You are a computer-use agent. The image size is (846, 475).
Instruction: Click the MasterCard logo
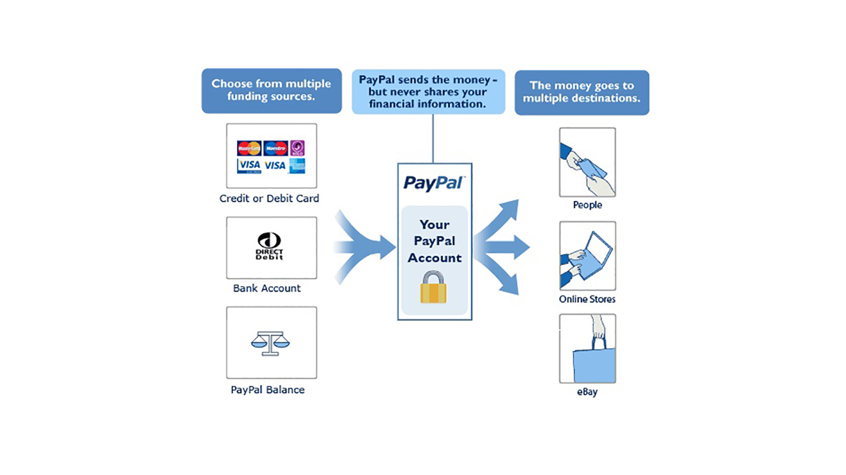pyautogui.click(x=249, y=148)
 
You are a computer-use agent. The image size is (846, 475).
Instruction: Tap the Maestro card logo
pyautogui.click(x=276, y=148)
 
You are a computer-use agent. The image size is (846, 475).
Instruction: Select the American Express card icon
pyautogui.click(x=297, y=165)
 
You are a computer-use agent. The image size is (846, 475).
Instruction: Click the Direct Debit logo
pyautogui.click(x=269, y=247)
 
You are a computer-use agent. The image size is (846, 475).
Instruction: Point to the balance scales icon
pyautogui.click(x=270, y=343)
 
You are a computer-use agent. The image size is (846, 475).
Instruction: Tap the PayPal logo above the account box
pyautogui.click(x=434, y=183)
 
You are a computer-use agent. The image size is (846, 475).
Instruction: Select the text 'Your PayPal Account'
pyautogui.click(x=434, y=241)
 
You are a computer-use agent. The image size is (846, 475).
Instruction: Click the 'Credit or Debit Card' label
pyautogui.click(x=269, y=199)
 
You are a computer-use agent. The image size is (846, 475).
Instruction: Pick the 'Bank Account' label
pyautogui.click(x=267, y=288)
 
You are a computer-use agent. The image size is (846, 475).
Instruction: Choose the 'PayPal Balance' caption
pyautogui.click(x=267, y=390)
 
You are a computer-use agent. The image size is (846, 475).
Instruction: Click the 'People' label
pyautogui.click(x=587, y=205)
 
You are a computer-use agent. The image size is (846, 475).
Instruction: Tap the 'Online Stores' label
pyautogui.click(x=587, y=299)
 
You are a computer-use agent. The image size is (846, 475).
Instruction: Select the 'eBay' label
pyautogui.click(x=587, y=392)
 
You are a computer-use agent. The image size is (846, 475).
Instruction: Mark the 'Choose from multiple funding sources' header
pyautogui.click(x=271, y=90)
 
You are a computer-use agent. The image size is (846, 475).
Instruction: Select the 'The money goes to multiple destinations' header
pyautogui.click(x=581, y=92)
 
